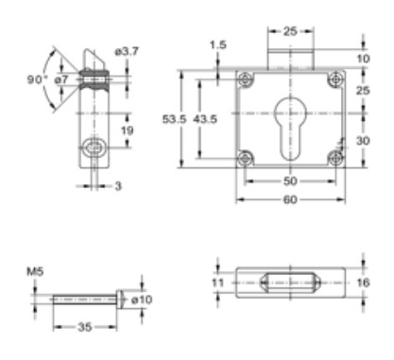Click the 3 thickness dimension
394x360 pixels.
[118, 186]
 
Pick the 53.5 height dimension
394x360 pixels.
[173, 120]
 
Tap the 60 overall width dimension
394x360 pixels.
[289, 199]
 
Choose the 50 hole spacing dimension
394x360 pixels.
[289, 180]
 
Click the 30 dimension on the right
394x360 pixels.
[364, 139]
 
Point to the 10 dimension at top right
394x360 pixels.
[365, 58]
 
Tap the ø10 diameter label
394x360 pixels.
[140, 300]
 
